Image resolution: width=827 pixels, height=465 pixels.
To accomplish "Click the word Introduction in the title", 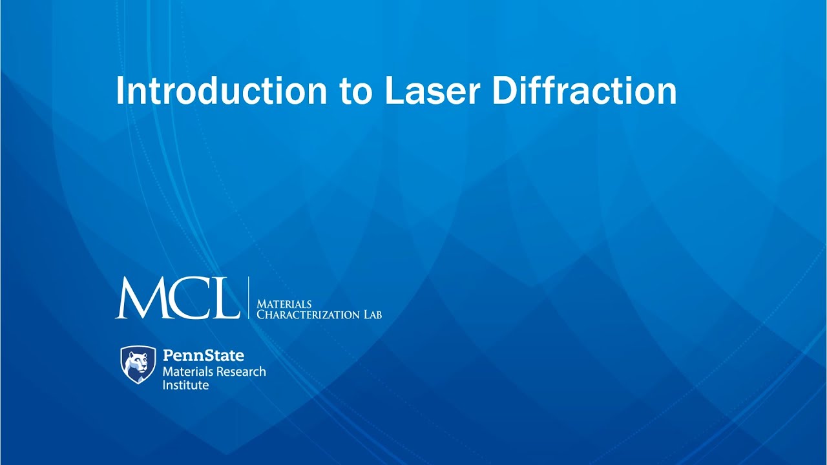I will tap(222, 91).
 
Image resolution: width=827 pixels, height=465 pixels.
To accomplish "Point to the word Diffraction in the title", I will tap(584, 91).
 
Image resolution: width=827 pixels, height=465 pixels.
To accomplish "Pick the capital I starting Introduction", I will tap(120, 91).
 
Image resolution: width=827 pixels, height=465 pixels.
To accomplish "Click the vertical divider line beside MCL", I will tap(249, 297).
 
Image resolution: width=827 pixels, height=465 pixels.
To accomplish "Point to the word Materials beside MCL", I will tap(284, 304).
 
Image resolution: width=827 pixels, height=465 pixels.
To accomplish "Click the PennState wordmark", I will tap(203, 355).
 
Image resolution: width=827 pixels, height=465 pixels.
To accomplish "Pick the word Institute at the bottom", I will tap(185, 385).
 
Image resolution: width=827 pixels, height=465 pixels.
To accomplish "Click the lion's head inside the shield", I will tap(138, 362).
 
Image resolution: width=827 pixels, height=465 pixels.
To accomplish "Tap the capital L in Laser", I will tap(392, 91).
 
